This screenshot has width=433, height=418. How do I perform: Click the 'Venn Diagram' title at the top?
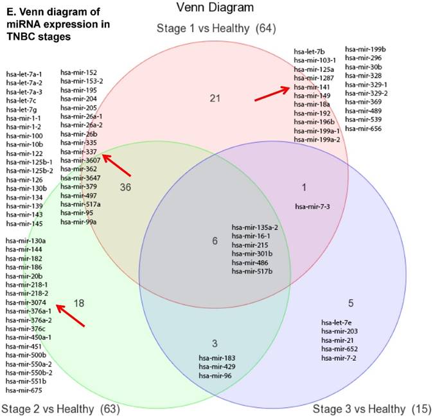pos(216,8)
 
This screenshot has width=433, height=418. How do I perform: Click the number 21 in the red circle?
pos(215,98)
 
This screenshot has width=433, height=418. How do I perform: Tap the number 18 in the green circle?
pos(80,302)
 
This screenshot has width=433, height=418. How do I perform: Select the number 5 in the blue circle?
pos(350,303)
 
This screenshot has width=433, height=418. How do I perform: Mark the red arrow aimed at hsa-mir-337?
pos(116,164)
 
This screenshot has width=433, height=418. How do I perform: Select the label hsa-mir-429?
pos(215,366)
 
